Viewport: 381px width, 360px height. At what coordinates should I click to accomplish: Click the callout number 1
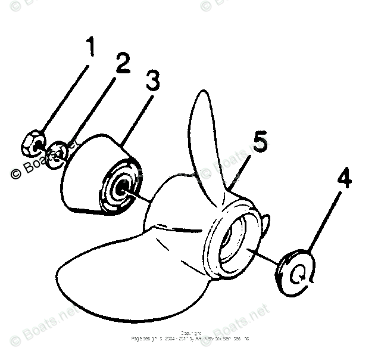90,48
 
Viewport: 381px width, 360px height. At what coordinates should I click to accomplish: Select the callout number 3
152,81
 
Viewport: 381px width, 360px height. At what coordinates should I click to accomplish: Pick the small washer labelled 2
57,153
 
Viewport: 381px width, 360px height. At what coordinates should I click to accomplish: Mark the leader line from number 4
324,221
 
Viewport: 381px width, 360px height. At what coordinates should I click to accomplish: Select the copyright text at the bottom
190,337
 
